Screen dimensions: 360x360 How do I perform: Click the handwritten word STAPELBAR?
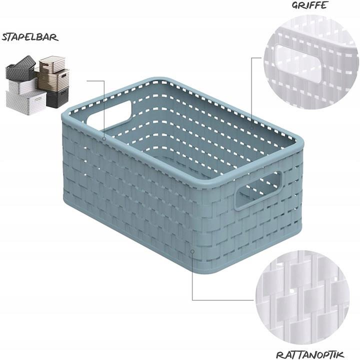tap(30, 37)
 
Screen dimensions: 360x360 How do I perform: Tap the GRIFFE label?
tap(309, 5)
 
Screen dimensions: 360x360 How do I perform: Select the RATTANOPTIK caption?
tap(310, 354)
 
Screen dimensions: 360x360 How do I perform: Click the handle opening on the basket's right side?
tap(257, 190)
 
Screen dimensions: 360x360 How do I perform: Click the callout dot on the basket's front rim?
tap(104, 138)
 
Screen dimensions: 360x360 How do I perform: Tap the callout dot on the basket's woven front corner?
tap(192, 251)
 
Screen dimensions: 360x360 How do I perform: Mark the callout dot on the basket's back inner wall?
tap(252, 127)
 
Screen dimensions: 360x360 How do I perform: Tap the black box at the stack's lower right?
tap(57, 97)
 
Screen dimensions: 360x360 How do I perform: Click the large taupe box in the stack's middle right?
tap(53, 79)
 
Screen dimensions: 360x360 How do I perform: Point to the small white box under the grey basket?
tap(22, 85)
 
